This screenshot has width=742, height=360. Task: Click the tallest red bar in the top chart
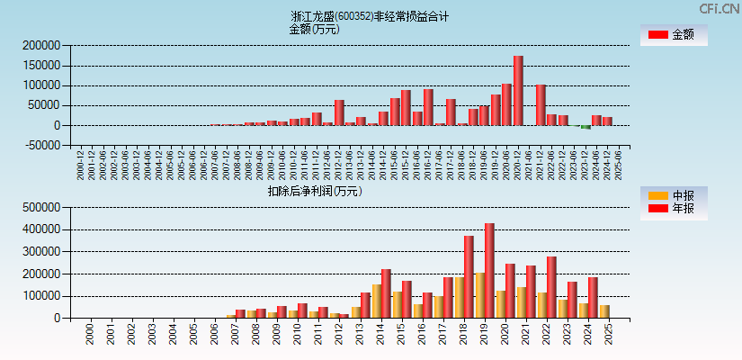tap(518, 90)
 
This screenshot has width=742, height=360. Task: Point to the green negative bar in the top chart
tap(586, 127)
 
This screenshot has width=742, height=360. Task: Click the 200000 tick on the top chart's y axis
tap(41, 46)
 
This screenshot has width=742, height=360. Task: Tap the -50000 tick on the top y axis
tap(41, 145)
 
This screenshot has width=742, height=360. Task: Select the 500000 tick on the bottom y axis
tap(41, 207)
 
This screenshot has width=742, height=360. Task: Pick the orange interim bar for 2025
tap(604, 311)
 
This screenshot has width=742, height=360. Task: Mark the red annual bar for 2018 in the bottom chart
tap(469, 276)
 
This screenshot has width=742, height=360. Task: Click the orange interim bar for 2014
tap(377, 301)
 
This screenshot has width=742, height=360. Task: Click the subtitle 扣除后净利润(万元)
tap(315, 191)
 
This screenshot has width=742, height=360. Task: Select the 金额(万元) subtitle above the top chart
tap(314, 29)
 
